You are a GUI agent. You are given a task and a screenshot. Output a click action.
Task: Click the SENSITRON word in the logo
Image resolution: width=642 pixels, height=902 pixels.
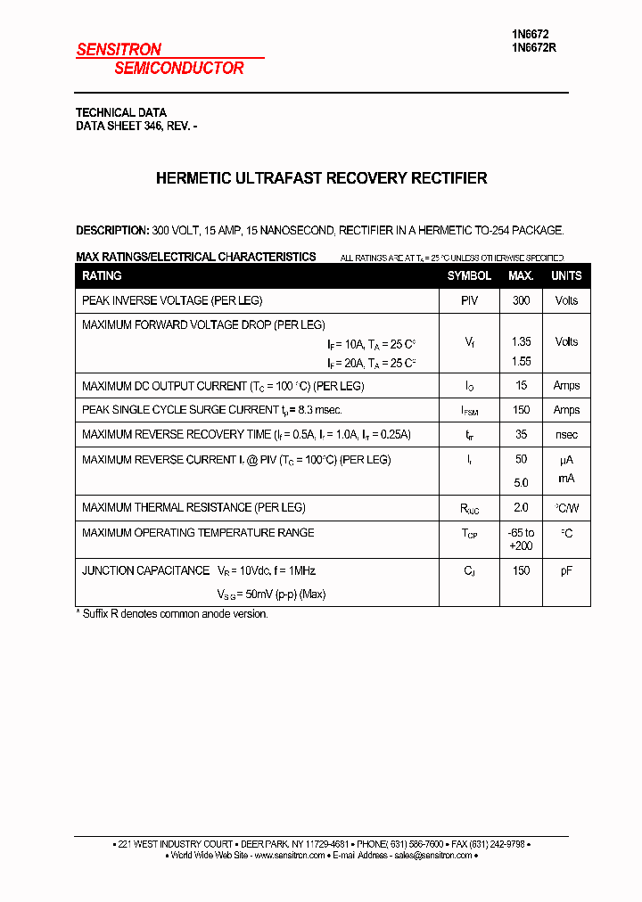click(x=119, y=51)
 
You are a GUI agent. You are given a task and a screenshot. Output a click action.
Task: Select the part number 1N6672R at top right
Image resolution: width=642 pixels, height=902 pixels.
click(x=534, y=48)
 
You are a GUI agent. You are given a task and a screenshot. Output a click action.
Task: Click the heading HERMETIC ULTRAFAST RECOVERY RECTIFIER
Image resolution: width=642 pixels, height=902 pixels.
click(x=321, y=178)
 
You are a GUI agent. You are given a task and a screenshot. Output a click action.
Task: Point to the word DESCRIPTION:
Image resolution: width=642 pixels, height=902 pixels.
click(x=111, y=230)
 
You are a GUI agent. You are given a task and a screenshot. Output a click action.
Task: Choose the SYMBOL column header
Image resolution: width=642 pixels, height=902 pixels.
click(x=469, y=276)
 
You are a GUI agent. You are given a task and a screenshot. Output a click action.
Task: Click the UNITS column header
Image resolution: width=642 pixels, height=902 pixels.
click(x=566, y=276)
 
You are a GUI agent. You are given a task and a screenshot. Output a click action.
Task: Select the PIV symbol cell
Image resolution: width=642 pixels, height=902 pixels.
click(x=469, y=301)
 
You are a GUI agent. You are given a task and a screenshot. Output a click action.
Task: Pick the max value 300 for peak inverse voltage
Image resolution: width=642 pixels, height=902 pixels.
click(x=521, y=301)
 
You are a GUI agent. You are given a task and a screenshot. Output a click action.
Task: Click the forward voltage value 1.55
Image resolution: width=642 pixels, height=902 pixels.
click(x=521, y=362)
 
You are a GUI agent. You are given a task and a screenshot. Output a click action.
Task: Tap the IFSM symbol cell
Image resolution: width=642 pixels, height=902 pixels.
click(x=470, y=411)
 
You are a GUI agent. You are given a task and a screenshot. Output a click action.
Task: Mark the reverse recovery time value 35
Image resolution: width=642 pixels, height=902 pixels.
click(x=521, y=435)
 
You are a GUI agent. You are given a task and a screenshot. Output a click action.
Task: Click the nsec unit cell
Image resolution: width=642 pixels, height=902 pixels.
click(x=566, y=435)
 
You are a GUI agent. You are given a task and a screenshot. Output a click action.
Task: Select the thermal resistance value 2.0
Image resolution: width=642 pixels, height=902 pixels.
click(x=521, y=507)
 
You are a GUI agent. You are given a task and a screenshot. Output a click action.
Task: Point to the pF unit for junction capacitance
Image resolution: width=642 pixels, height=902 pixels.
click(x=566, y=571)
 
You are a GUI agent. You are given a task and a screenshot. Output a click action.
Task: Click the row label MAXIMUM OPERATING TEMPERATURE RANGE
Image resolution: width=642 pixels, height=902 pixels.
click(x=198, y=533)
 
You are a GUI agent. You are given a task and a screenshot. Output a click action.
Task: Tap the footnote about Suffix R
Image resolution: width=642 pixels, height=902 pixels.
click(x=171, y=614)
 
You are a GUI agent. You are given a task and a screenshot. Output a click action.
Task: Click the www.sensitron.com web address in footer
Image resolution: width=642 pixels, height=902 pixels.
click(x=290, y=856)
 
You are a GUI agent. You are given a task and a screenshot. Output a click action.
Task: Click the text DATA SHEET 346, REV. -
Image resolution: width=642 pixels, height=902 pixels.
click(x=136, y=127)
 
